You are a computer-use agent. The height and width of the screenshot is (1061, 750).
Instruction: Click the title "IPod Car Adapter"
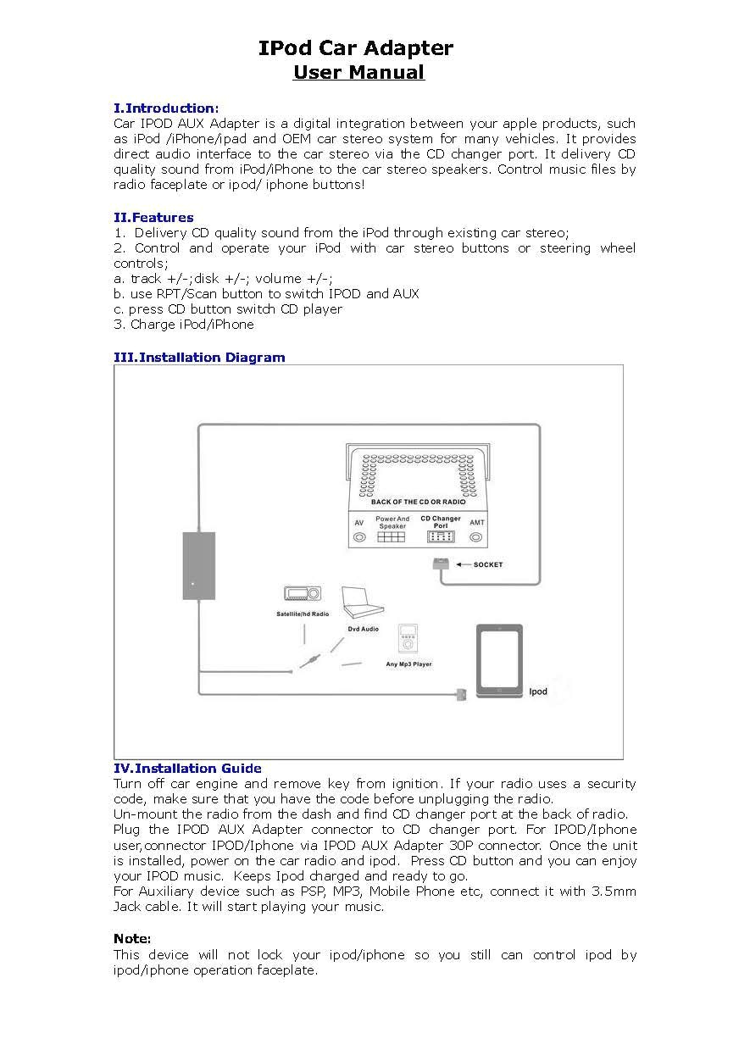356,48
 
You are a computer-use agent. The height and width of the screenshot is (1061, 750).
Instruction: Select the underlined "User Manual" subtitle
358,72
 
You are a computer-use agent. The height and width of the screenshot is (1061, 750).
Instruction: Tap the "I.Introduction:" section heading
166,108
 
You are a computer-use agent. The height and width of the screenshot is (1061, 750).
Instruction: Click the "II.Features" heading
153,217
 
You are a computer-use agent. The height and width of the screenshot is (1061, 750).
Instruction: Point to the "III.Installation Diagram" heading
199,357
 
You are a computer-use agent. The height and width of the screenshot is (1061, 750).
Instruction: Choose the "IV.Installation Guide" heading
187,768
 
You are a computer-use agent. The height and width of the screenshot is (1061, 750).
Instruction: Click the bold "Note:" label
132,938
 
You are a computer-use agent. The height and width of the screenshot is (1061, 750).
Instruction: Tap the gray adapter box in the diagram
198,565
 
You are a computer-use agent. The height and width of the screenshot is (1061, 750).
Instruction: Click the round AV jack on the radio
359,537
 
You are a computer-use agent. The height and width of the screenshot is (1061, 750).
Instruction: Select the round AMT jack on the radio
476,537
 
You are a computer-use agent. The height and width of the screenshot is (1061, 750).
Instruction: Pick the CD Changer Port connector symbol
440,537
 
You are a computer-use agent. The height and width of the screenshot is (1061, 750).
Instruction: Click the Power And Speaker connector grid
392,537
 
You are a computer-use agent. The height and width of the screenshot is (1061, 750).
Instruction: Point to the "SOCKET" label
487,564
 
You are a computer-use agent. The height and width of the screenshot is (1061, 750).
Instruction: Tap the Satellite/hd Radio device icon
303,596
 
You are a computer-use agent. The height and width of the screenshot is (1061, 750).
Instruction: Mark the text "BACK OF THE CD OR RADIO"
418,502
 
